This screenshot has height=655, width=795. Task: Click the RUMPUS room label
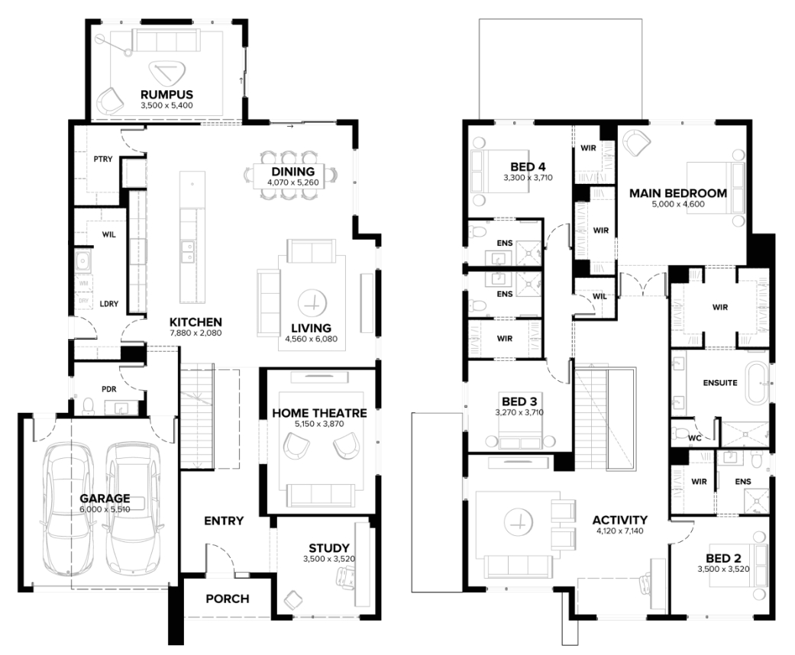pos(166,95)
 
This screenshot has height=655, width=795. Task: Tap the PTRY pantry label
pos(103,160)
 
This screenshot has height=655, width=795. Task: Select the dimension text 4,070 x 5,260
pos(293,182)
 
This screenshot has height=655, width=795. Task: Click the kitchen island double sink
pos(187,252)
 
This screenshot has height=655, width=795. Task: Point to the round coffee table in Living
pos(312,304)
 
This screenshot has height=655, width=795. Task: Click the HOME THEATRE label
pos(319,413)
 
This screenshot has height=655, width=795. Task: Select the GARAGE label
pos(105,499)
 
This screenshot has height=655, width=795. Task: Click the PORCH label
pos(228,599)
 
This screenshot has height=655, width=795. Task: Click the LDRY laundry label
pos(109,304)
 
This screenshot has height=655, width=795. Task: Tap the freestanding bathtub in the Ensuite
pos(758,383)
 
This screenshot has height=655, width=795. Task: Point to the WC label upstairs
pos(695,438)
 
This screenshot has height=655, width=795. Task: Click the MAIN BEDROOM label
pos(678,193)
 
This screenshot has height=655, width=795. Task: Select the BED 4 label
pos(528,166)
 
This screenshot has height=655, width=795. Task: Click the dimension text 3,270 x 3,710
pos(519,413)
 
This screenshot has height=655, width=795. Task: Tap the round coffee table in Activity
pos(519,521)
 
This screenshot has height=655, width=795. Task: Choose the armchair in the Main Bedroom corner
pos(636,143)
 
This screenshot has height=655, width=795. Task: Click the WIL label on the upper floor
pos(599,296)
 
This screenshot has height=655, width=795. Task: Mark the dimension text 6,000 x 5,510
pos(105,509)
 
